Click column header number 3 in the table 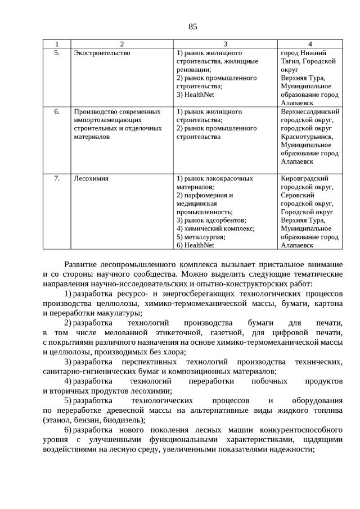tap(225, 44)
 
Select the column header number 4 tap(310, 44)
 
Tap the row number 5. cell tap(57, 52)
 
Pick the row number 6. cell tap(57, 111)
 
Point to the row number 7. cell tap(57, 178)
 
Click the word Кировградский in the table tap(304, 178)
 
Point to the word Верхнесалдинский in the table tap(310, 111)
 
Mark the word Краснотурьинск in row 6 tap(307, 137)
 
